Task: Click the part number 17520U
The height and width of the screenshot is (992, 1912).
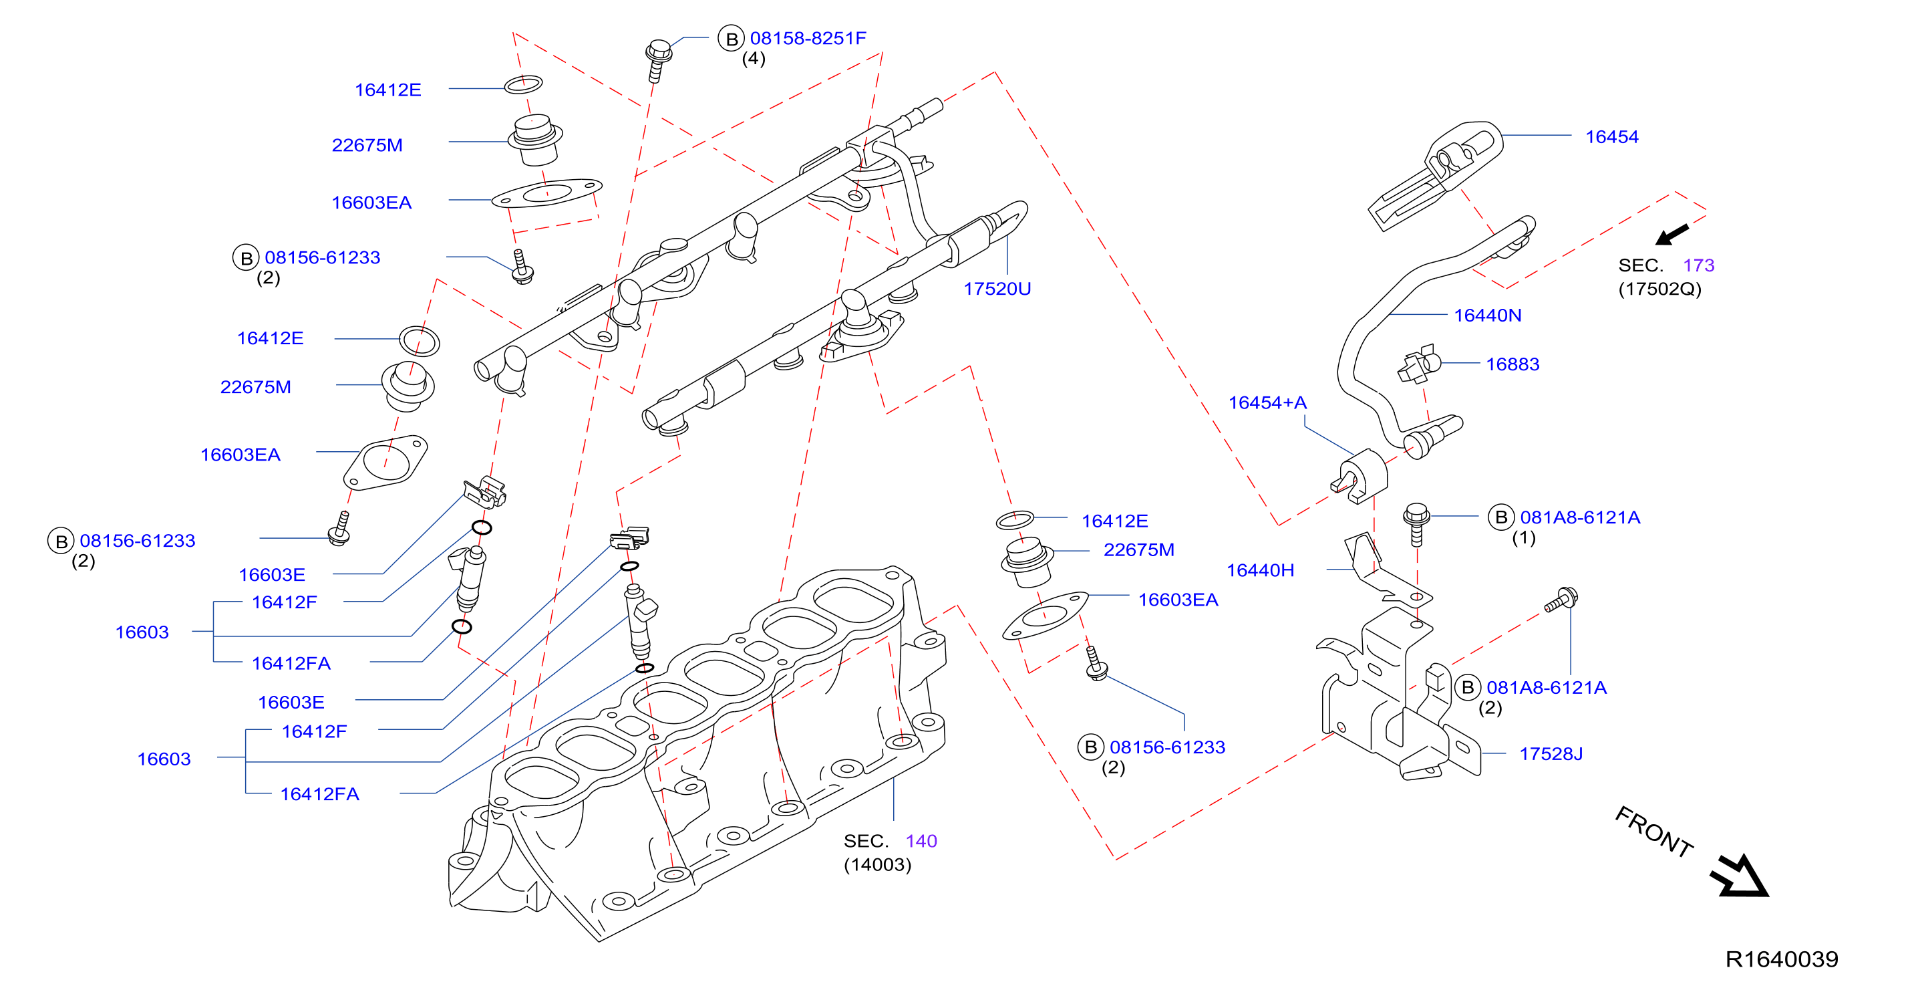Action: pos(997,289)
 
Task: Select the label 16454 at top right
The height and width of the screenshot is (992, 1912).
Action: pos(1611,136)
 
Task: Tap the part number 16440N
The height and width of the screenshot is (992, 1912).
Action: pos(1487,316)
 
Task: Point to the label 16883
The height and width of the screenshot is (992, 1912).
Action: pos(1512,364)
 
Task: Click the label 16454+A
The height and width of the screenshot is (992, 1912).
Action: pos(1267,402)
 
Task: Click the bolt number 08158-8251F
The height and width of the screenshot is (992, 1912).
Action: pos(808,38)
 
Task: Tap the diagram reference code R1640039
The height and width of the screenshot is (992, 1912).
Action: pos(1781,959)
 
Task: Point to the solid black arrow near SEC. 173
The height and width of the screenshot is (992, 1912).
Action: pos(1671,235)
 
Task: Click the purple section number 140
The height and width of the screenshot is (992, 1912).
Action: pos(921,842)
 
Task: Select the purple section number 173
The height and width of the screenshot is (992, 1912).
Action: pos(1698,265)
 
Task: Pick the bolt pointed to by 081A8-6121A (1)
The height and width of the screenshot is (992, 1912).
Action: pos(1416,523)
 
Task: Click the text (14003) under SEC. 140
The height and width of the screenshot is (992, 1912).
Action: pos(877,865)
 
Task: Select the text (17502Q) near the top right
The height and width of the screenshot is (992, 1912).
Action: pos(1659,289)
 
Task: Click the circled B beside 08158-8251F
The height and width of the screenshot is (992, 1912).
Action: pos(731,39)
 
